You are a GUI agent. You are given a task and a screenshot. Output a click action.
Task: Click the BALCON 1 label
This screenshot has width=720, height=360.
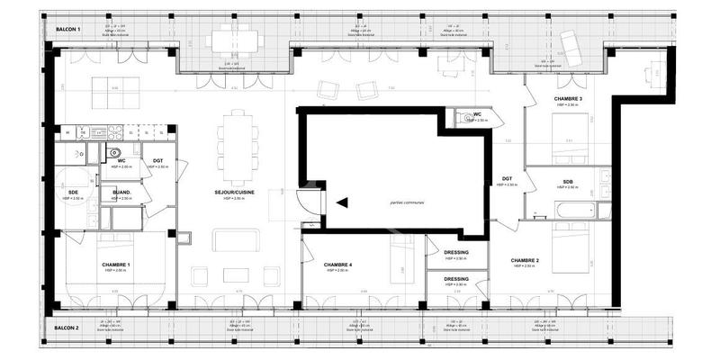point(68,30)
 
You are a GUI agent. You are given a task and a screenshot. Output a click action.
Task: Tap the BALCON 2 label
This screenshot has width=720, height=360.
point(67,328)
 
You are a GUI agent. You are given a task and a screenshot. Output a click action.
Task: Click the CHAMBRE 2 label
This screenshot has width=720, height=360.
point(525,260)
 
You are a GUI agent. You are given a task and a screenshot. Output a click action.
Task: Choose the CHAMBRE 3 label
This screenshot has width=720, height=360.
point(567,98)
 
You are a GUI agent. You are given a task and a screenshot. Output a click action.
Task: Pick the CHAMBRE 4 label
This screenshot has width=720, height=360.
point(337,265)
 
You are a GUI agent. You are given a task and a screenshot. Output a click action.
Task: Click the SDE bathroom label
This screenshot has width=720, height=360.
point(72,192)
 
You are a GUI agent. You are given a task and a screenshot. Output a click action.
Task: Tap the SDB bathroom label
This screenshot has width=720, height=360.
point(568,182)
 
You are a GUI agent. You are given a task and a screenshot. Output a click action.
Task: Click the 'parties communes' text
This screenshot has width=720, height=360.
point(400,202)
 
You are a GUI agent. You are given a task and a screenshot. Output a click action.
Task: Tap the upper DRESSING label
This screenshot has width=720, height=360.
point(456,253)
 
